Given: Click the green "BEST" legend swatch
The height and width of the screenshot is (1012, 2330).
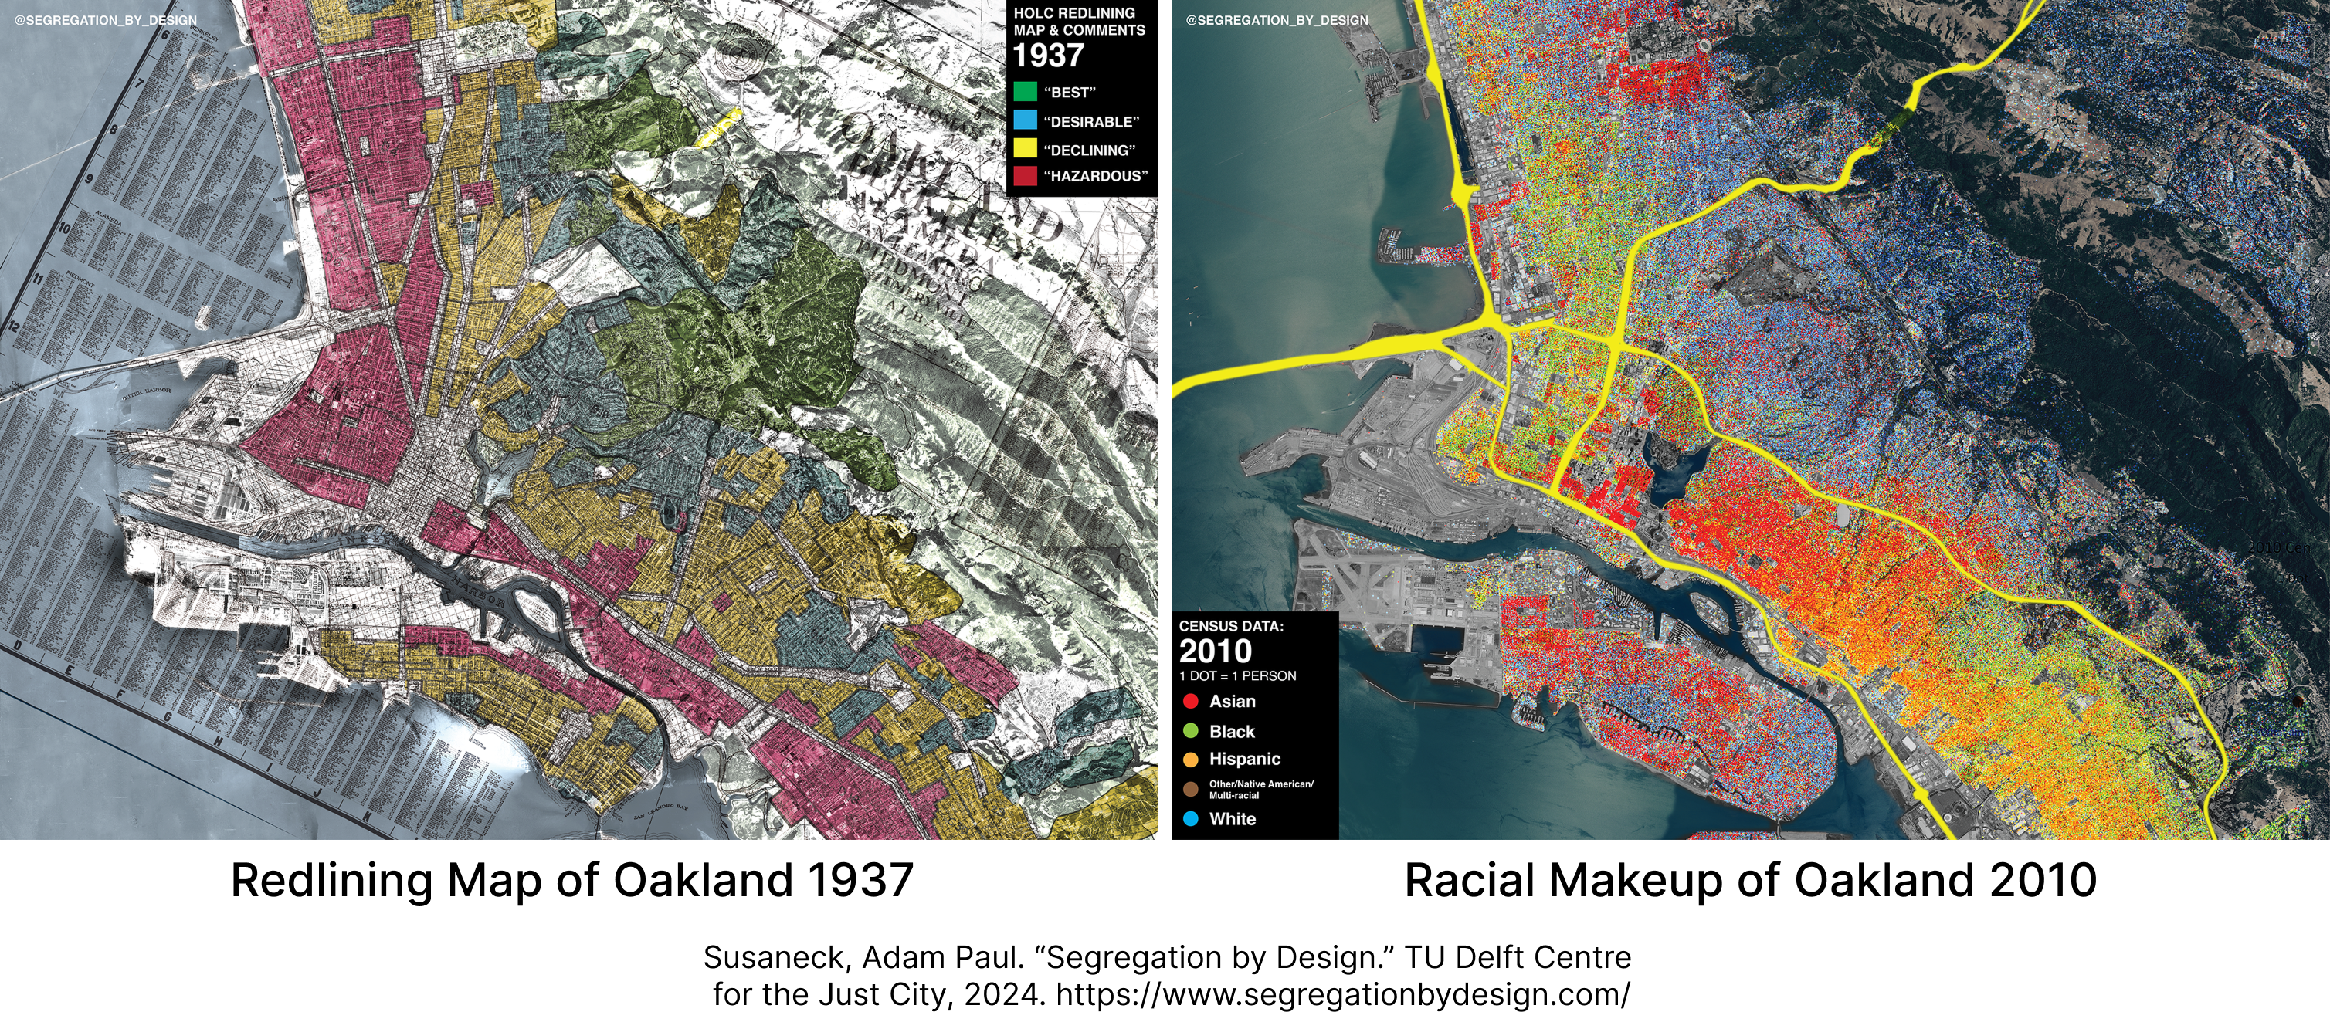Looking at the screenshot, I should (1025, 91).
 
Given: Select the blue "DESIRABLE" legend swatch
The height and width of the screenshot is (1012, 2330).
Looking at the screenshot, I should (1025, 120).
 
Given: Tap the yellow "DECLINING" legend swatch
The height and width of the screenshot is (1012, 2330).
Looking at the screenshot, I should (1025, 148).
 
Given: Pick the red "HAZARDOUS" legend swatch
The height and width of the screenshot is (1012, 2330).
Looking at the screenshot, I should (1025, 175).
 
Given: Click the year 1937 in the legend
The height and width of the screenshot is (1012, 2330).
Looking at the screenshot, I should (1048, 56).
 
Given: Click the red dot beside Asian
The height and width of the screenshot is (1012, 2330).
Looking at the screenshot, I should (1190, 701).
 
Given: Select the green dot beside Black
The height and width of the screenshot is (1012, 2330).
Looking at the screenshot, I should (1190, 731).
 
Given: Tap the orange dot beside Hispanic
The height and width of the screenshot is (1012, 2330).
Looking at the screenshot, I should (1190, 760).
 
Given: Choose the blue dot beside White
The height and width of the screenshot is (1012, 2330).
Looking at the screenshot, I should (1190, 818).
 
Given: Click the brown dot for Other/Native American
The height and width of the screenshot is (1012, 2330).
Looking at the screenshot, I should (1190, 790).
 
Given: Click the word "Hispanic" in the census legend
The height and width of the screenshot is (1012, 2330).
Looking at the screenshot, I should (1245, 759).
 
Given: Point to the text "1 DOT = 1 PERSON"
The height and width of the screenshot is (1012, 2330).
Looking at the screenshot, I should (1237, 675).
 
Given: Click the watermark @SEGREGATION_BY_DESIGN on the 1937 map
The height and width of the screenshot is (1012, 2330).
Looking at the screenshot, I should (105, 20).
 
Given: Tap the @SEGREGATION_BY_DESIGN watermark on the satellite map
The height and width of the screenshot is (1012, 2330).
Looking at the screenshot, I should (1277, 20).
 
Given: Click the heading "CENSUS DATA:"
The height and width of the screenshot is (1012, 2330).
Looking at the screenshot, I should (1231, 626).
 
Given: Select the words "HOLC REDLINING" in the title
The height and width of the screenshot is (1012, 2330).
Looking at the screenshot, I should (1073, 12).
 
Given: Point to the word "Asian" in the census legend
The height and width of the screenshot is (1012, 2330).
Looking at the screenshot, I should (1232, 701).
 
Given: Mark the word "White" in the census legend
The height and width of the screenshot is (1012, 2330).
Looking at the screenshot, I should (1232, 818).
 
